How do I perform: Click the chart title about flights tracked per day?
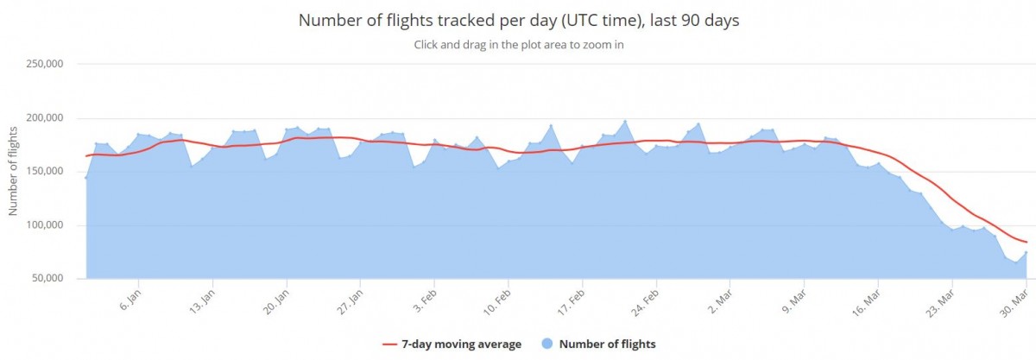(518, 20)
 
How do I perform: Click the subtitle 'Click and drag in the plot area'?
(518, 46)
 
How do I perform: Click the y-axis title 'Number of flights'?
(14, 171)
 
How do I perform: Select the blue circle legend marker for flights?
(546, 344)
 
